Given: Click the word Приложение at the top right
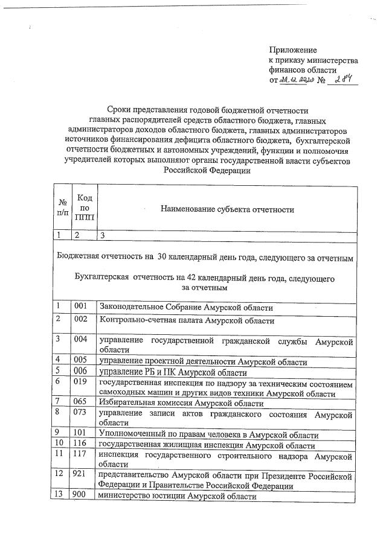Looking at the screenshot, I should (292, 51).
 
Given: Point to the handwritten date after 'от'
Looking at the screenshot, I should (297, 81).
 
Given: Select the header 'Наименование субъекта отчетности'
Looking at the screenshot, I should (227, 209).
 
